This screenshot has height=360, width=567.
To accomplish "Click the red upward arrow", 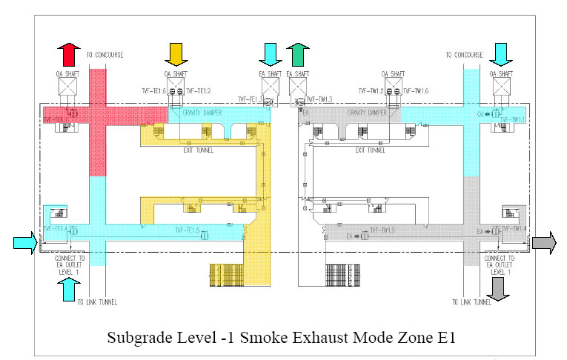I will [x=70, y=55].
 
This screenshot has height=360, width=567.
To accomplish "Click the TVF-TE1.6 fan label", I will [x=153, y=91].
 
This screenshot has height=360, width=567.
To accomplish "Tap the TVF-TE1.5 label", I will [x=188, y=230].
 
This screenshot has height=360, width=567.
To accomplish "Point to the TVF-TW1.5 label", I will [x=384, y=230].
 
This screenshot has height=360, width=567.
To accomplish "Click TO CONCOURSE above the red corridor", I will [x=105, y=55].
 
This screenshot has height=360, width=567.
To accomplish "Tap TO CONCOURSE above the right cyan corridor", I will [x=465, y=55].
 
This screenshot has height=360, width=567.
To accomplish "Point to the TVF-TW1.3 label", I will [x=320, y=99].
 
